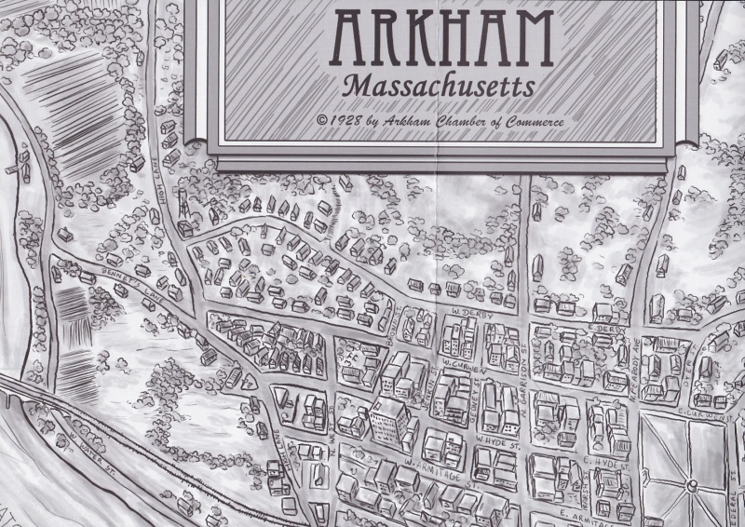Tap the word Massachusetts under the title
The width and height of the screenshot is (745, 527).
click(439, 86)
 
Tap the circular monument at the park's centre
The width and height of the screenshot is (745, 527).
click(690, 484)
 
